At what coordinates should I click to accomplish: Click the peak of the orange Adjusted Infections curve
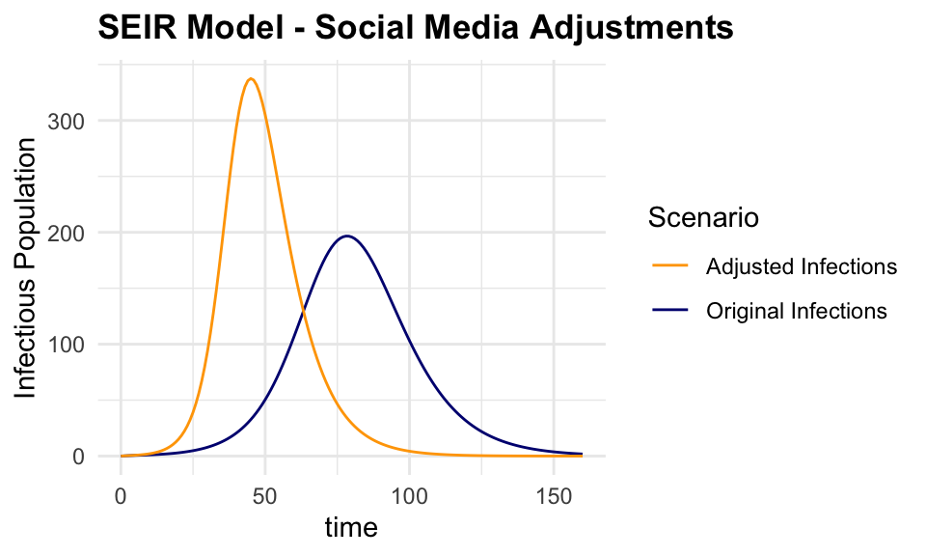click(251, 79)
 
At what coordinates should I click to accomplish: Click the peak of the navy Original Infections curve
click(346, 236)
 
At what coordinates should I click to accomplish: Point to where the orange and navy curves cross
click(304, 312)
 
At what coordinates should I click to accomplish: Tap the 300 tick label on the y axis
click(82, 122)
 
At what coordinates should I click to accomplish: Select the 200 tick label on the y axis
click(82, 233)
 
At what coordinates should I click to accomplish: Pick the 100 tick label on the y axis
click(82, 345)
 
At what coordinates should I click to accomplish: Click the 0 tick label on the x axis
click(121, 496)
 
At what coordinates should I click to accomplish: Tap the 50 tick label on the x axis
click(265, 496)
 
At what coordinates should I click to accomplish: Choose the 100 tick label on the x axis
click(409, 496)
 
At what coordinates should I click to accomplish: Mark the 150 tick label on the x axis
click(554, 496)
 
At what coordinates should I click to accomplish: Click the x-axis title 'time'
click(350, 528)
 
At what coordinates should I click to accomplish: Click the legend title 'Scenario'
click(702, 218)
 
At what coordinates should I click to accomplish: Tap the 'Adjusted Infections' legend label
click(802, 265)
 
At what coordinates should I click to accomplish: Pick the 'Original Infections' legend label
click(796, 311)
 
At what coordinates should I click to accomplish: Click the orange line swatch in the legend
click(669, 265)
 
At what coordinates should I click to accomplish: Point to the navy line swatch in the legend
click(669, 311)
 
